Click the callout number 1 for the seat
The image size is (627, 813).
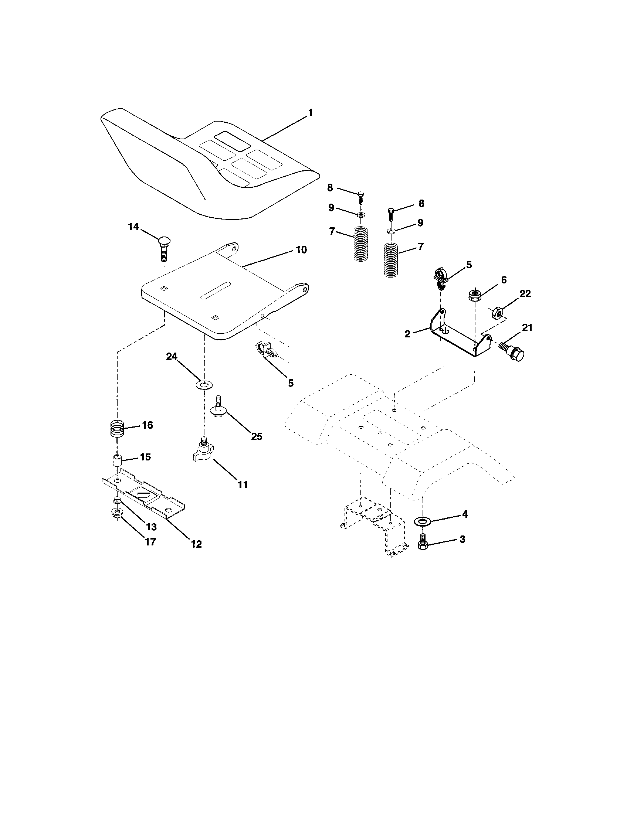click(x=310, y=113)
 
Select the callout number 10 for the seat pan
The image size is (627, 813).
click(x=301, y=250)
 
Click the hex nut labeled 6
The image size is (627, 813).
click(x=475, y=296)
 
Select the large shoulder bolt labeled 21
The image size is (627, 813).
click(x=512, y=351)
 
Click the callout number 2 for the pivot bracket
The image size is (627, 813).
click(x=407, y=334)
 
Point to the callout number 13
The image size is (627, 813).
click(x=151, y=527)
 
